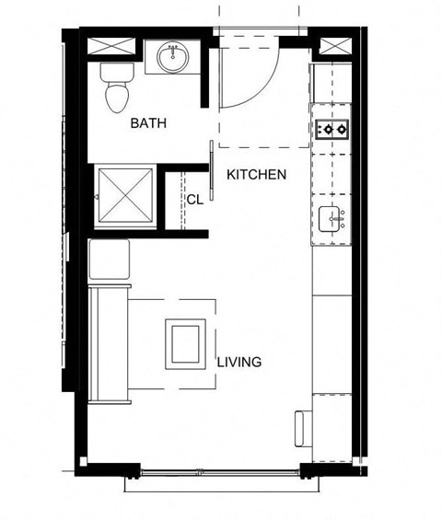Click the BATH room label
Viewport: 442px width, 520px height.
[148, 123]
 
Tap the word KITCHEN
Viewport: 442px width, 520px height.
[257, 174]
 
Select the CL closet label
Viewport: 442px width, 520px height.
[194, 199]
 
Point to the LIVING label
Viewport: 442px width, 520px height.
[239, 362]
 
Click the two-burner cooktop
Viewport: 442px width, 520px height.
[332, 129]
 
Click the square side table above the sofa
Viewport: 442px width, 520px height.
[109, 260]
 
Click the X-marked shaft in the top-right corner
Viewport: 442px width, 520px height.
[334, 47]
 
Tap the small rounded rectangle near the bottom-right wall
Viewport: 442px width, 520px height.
[300, 429]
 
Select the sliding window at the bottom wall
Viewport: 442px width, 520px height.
[222, 471]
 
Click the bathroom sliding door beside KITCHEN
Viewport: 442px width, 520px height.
[214, 169]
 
